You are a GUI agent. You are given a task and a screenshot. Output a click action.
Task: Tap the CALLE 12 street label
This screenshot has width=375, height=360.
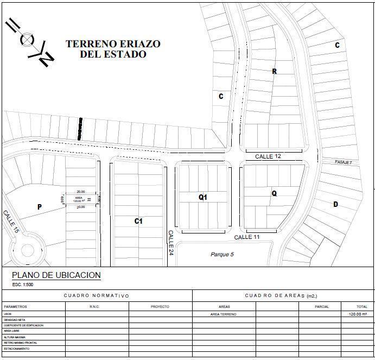click(268, 156)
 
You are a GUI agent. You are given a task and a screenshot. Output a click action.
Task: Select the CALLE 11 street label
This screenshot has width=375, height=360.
click(247, 237)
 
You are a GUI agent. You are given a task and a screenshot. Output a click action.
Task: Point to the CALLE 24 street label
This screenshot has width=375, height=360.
click(170, 242)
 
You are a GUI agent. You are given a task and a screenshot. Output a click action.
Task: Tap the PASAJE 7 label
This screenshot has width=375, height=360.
click(344, 162)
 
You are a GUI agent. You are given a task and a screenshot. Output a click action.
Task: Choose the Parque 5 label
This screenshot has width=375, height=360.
click(222, 254)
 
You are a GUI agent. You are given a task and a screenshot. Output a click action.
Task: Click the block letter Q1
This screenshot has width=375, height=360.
click(203, 197)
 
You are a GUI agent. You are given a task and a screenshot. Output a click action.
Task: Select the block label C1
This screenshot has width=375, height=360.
click(138, 221)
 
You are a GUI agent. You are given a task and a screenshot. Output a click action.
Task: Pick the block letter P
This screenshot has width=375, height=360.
click(40, 207)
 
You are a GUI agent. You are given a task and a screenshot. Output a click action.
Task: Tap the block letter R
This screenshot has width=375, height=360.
click(275, 71)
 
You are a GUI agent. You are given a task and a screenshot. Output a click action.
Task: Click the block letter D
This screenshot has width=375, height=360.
click(336, 204)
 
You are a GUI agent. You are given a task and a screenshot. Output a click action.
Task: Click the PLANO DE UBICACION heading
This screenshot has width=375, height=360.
click(56, 275)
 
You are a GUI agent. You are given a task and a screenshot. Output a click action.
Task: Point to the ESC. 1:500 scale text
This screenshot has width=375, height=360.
click(23, 285)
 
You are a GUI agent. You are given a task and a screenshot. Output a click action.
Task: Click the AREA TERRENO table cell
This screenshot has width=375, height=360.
click(224, 314)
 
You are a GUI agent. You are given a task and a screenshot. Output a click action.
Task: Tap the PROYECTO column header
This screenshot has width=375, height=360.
click(160, 307)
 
